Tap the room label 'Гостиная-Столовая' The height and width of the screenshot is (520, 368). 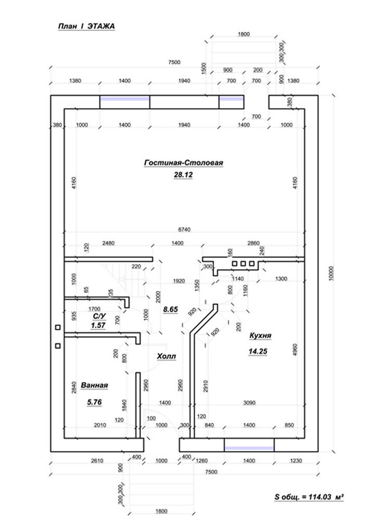[x=183, y=163]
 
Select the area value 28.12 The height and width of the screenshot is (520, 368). [x=183, y=176]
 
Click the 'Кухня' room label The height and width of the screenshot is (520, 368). [x=260, y=336]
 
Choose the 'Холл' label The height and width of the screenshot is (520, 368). [x=167, y=357]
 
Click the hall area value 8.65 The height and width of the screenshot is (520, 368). [x=170, y=309]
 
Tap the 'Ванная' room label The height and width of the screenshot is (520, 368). [x=94, y=385]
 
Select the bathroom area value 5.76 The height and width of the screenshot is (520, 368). [x=94, y=401]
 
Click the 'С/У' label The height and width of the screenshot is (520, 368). [x=99, y=316]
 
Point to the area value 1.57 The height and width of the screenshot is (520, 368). [x=98, y=326]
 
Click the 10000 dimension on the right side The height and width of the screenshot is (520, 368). [x=331, y=272]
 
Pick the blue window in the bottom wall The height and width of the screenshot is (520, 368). [x=249, y=446]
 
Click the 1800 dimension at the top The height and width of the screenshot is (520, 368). [x=244, y=34]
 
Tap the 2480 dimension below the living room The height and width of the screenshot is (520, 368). [x=108, y=243]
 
